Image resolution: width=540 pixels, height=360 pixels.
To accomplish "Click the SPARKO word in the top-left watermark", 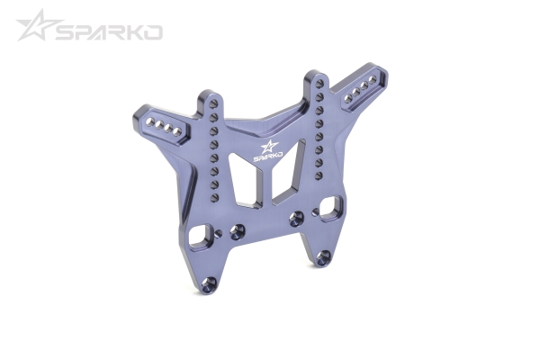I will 107,32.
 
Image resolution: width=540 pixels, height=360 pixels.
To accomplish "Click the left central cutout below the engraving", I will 242,181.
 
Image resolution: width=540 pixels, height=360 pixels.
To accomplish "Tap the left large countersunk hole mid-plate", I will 237,231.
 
